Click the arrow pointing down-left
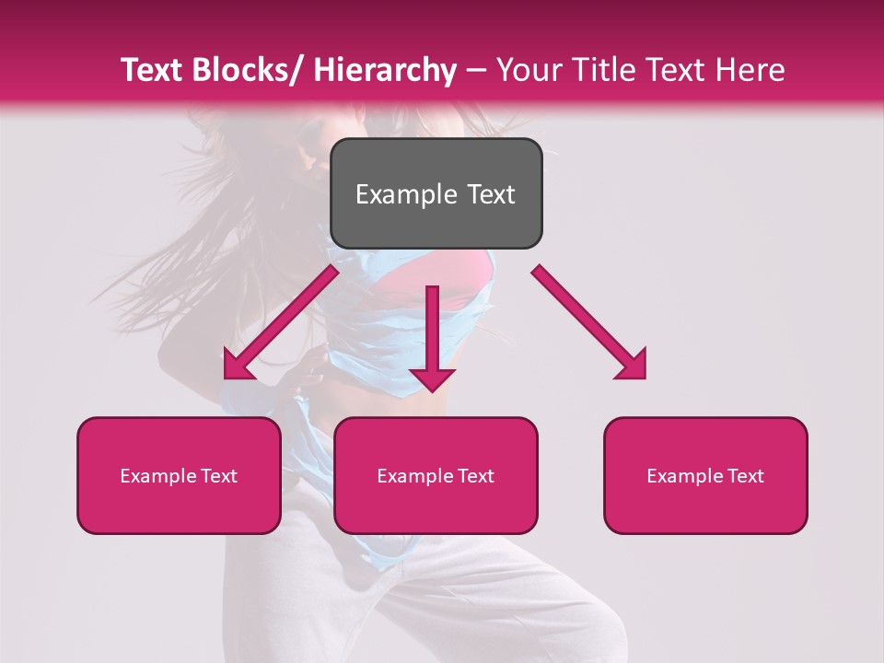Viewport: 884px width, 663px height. coord(281,322)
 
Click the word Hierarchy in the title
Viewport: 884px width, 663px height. coord(384,71)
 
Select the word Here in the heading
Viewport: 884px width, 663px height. coord(751,71)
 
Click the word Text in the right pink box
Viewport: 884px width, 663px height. coord(745,476)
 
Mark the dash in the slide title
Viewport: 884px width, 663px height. coord(477,71)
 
